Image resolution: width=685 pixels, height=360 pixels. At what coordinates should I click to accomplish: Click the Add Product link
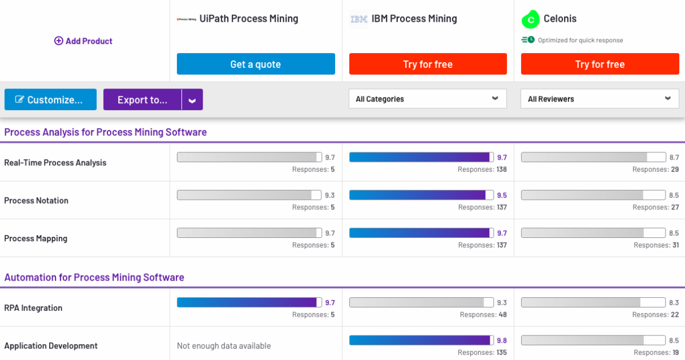pyautogui.click(x=83, y=41)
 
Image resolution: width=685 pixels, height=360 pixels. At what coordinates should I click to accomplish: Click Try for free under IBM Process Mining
pyautogui.click(x=428, y=64)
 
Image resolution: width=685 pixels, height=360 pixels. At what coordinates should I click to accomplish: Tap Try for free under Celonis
pyautogui.click(x=599, y=64)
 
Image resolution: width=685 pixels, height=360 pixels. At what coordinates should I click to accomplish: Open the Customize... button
pyautogui.click(x=50, y=100)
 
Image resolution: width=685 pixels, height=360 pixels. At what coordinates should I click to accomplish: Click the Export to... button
pyautogui.click(x=142, y=100)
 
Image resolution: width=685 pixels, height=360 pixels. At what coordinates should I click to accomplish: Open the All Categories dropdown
pyautogui.click(x=428, y=99)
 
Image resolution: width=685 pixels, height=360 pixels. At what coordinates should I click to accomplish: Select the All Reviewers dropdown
pyautogui.click(x=599, y=99)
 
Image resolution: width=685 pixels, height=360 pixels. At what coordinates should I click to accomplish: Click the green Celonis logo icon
pyautogui.click(x=530, y=19)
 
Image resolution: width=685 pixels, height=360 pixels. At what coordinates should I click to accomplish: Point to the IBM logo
pyautogui.click(x=358, y=19)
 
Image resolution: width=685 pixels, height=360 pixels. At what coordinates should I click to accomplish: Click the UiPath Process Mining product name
pyautogui.click(x=249, y=19)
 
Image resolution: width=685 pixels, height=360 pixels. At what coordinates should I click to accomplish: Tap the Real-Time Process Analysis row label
pyautogui.click(x=55, y=163)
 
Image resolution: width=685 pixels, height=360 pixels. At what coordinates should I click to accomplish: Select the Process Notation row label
pyautogui.click(x=37, y=201)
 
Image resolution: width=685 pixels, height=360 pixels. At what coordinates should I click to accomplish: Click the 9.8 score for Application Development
pyautogui.click(x=501, y=341)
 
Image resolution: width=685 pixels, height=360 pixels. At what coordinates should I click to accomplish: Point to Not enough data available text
pyautogui.click(x=224, y=346)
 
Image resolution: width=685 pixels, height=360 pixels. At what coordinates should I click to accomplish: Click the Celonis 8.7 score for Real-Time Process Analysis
pyautogui.click(x=674, y=157)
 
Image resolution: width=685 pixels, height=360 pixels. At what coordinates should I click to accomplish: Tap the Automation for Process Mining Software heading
pyautogui.click(x=94, y=278)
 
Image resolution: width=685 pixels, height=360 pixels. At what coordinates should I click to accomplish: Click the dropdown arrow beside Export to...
pyautogui.click(x=192, y=100)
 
